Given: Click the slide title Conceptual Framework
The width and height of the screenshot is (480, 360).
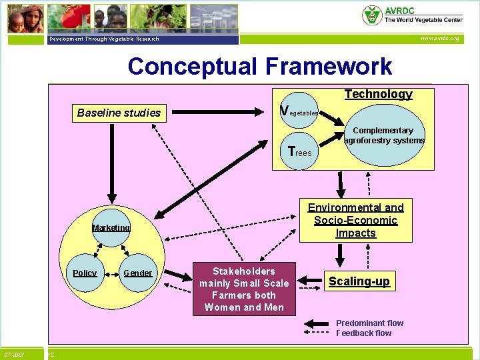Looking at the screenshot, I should pos(260,67).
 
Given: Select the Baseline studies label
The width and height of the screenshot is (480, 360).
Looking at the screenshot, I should pos(119,113).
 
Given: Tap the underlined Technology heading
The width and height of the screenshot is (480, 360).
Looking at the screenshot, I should pos(378,94).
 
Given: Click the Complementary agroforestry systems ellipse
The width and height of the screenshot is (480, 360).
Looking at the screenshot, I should pos(384,136).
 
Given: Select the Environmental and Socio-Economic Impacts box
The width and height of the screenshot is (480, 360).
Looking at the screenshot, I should pos(355,220).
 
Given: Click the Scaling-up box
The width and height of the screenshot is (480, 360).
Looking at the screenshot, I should pos(359,281).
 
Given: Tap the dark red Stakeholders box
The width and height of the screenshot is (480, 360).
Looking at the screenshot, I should pos(244,289).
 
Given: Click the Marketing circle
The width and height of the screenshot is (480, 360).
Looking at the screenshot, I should pos(111,228).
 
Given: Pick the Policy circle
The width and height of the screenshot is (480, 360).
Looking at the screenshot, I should pos(85,273).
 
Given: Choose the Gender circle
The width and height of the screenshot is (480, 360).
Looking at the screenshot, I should pos(138,273).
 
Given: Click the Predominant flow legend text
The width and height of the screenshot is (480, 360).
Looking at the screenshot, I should pos(369,323).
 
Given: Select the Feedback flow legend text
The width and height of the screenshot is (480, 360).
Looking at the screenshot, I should pos(364,333).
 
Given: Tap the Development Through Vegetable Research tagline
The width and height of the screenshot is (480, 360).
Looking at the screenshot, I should pos(104,39).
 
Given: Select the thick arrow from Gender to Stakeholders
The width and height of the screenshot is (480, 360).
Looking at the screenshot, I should pos(176,274).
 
